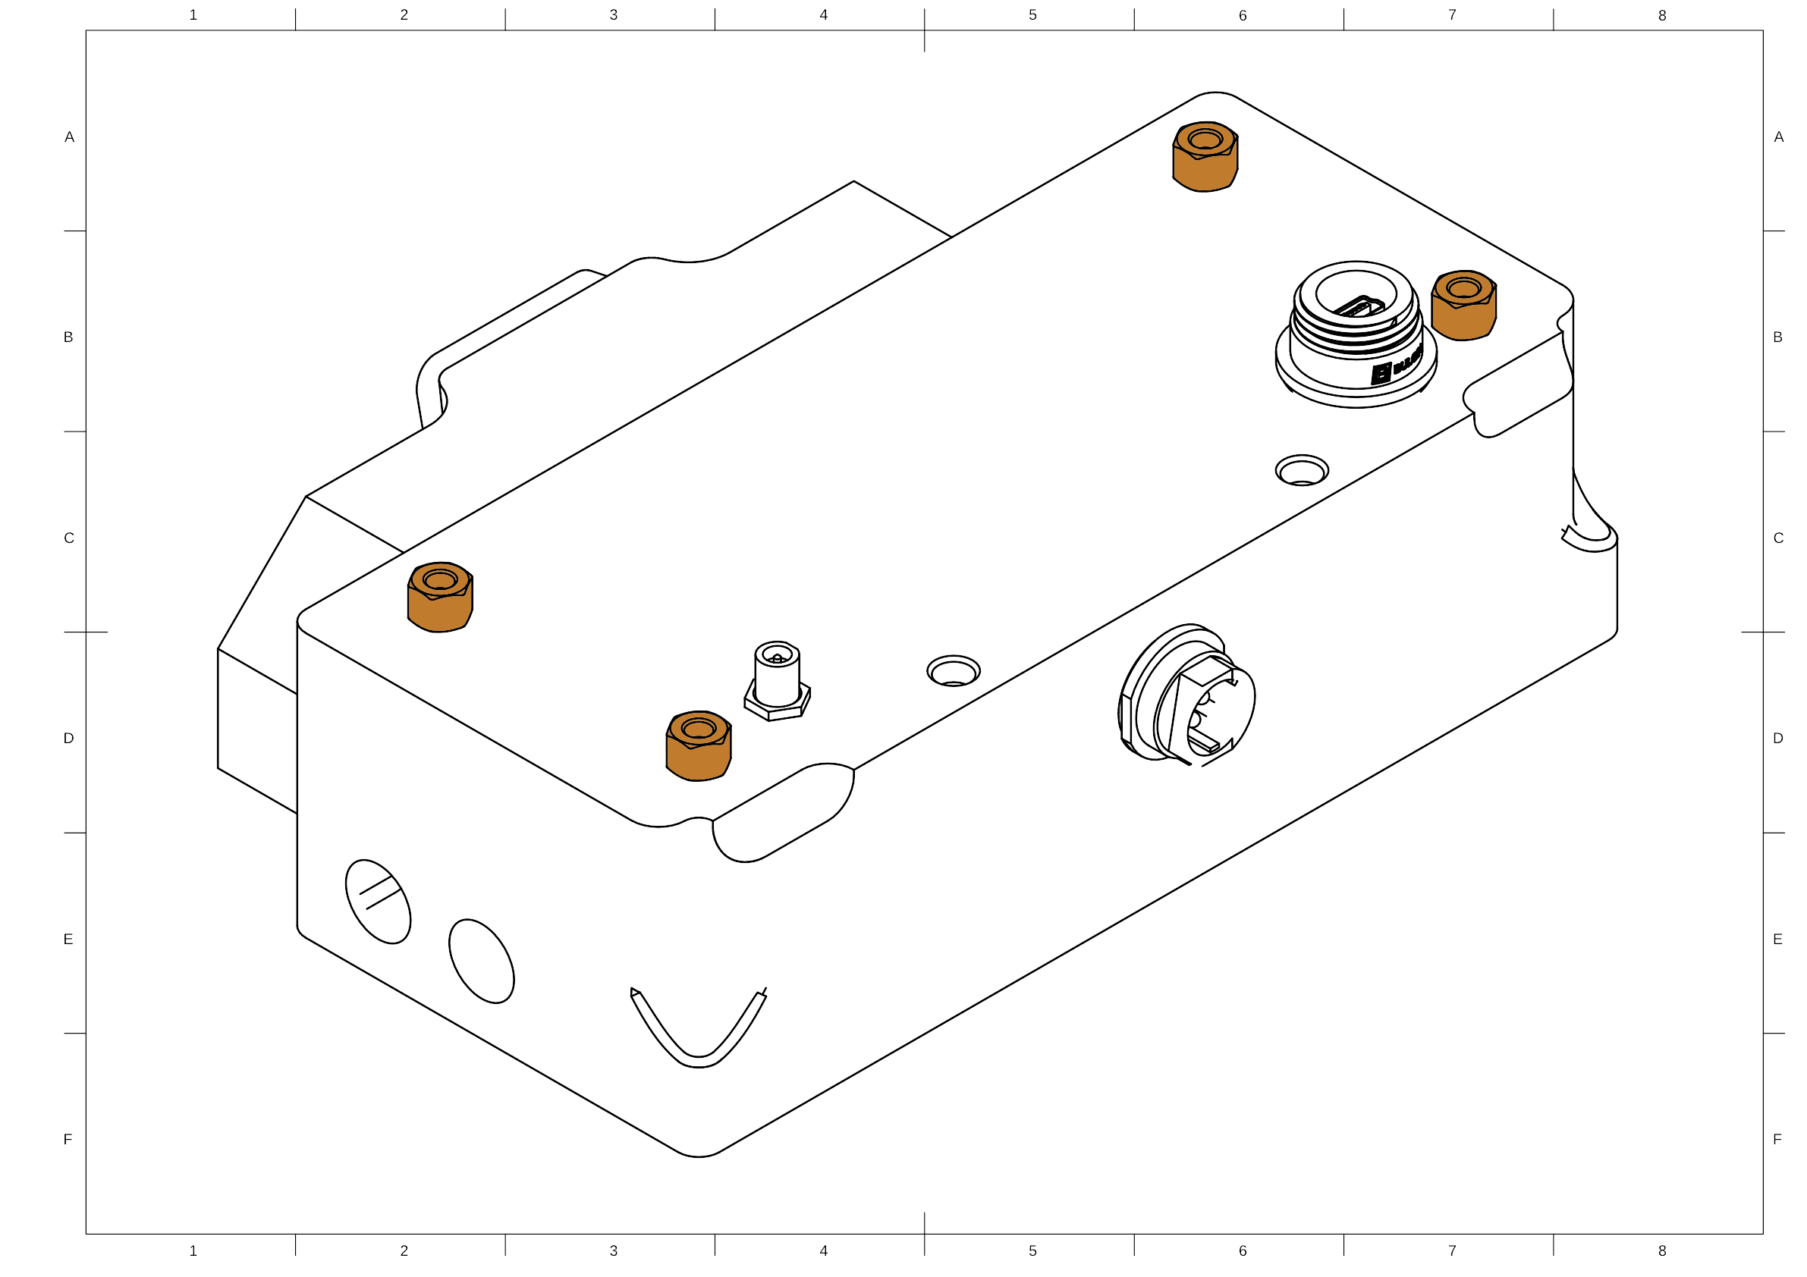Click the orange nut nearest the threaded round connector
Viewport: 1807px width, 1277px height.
click(1463, 306)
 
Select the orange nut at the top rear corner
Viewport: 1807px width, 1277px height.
click(1204, 155)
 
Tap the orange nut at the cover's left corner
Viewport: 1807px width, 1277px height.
click(439, 598)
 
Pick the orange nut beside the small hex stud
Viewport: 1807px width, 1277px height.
click(698, 746)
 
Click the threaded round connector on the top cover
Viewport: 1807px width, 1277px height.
click(1355, 334)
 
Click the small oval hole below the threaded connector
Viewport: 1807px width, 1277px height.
click(1302, 470)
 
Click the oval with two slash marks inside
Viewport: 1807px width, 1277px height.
click(378, 901)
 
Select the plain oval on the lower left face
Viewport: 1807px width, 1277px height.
click(482, 961)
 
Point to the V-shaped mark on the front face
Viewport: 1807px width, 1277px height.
click(699, 1031)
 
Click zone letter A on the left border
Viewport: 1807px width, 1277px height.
click(69, 137)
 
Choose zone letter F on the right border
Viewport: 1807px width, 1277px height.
click(1777, 1138)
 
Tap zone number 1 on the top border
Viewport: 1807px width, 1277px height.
click(193, 14)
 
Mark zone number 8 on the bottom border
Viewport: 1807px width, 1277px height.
click(1661, 1250)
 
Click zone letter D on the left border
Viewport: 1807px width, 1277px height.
click(69, 738)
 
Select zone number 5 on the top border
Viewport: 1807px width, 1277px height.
click(1032, 14)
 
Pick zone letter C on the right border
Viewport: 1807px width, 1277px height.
click(1778, 538)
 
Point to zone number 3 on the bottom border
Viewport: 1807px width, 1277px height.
click(613, 1250)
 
